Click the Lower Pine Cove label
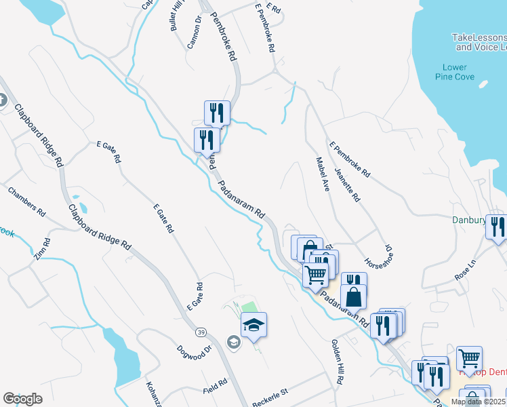454,72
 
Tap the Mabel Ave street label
322,174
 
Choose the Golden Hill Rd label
337,362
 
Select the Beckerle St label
270,393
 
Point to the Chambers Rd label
27,201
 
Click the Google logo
22,399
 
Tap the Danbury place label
469,220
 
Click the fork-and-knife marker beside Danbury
498,227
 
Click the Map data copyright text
477,402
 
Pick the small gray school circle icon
234,342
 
